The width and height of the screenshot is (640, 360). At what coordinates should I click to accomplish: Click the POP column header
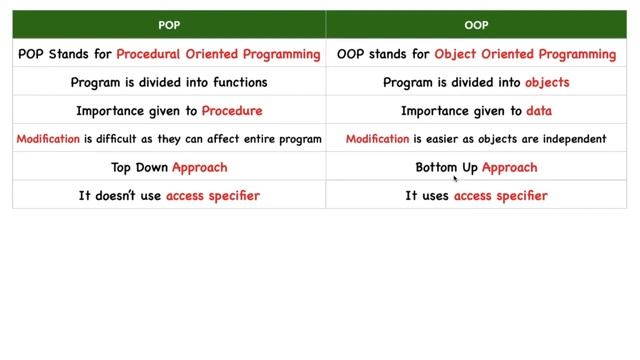[x=169, y=25]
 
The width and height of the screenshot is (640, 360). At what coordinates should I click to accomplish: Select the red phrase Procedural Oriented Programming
[x=218, y=54]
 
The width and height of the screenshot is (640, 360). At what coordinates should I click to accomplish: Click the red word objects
[x=548, y=82]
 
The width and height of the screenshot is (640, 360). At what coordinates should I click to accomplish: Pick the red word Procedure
[x=232, y=111]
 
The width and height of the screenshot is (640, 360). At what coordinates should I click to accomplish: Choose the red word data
[x=539, y=111]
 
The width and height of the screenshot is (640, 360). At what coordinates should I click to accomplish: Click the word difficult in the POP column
[x=113, y=139]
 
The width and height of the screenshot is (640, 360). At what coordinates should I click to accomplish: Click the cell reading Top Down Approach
[x=169, y=167]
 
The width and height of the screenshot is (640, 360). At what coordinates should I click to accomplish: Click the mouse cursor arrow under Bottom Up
[x=456, y=179]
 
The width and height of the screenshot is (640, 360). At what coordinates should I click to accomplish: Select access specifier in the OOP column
[x=500, y=196]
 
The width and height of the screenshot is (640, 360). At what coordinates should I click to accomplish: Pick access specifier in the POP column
[x=213, y=196]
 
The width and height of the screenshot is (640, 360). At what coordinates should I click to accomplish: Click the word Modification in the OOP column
[x=377, y=139]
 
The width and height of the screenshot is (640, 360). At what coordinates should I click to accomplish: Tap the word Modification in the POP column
[x=47, y=139]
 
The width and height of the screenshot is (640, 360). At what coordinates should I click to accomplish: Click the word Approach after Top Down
[x=199, y=167]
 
